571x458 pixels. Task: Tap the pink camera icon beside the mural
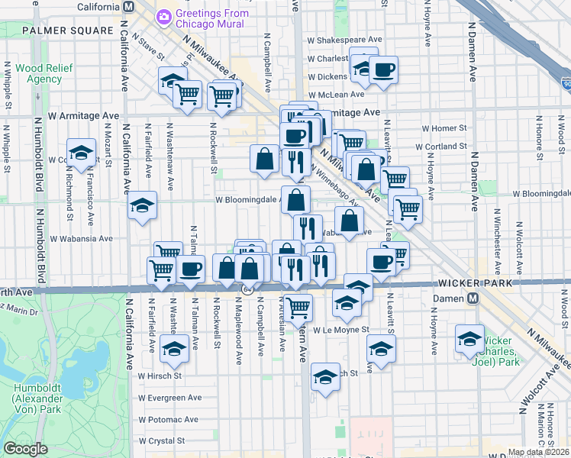(163, 16)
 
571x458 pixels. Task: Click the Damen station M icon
(473, 298)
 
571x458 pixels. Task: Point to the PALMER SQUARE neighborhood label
(67, 31)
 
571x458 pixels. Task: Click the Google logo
(25, 449)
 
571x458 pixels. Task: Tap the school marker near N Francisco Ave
(81, 152)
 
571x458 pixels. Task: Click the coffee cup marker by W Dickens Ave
(383, 70)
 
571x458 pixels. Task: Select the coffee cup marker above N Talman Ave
(190, 269)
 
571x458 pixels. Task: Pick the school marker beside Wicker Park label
(469, 339)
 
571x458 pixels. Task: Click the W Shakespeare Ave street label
(344, 39)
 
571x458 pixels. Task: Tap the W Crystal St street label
(161, 440)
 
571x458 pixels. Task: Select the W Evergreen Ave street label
(170, 398)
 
